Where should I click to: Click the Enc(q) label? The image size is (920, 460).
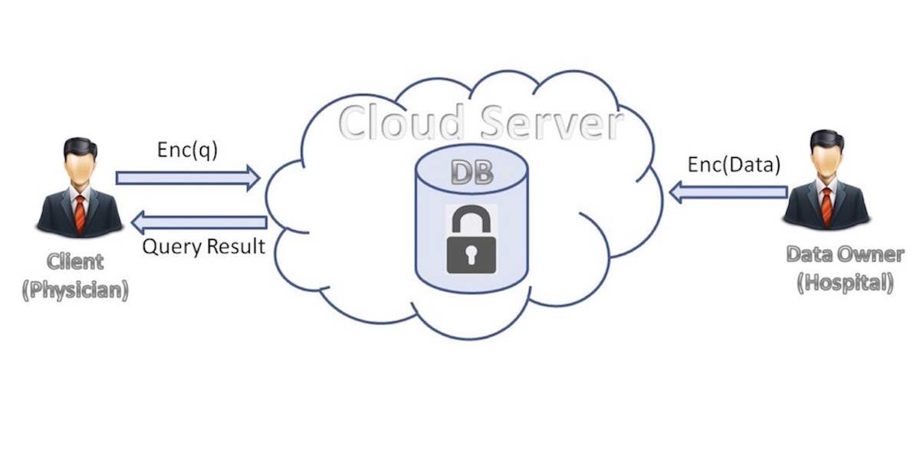coord(187,150)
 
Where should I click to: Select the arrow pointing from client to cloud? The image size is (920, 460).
coord(188,178)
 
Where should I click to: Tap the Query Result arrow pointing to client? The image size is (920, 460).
coord(199,222)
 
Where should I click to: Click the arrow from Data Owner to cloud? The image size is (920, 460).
coord(728,192)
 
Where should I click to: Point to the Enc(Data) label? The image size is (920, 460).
coord(734,165)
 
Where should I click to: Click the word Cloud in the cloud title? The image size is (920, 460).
coord(401,122)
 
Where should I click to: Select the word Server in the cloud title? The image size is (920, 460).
coord(552,123)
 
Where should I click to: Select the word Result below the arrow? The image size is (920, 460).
coord(236,246)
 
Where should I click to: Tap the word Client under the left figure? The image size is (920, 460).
coord(75,261)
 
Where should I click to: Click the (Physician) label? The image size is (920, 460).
coord(75,290)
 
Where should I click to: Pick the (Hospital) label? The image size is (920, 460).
coord(845,283)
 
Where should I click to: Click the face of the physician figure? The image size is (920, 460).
coord(79,171)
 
